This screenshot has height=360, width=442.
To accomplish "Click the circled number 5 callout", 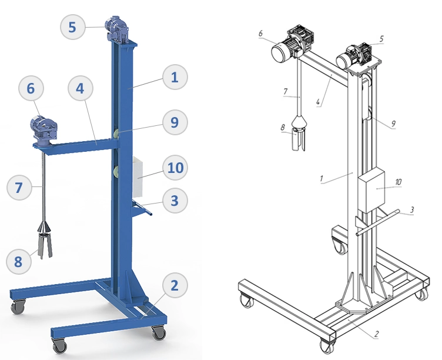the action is tap(72, 27).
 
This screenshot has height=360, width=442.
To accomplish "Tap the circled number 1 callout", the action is tap(175, 77).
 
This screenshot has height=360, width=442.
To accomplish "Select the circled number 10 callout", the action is tap(175, 168).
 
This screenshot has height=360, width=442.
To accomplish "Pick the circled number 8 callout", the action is tap(18, 261).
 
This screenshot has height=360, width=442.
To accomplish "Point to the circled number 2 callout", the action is tap(175, 285).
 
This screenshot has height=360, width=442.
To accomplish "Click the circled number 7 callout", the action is tap(19, 187).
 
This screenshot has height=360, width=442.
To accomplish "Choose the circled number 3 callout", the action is tap(175, 201).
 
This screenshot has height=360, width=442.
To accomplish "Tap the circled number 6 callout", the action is tap(31, 88).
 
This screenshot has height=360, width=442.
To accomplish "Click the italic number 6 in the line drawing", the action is tap(260, 34).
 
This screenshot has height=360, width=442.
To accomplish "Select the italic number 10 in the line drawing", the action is tap(398, 182).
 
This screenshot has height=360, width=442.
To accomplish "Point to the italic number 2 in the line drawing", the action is tap(377, 334).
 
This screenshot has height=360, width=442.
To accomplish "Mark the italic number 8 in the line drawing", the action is tap(283, 127).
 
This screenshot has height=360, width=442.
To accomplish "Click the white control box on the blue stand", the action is tap(138, 176).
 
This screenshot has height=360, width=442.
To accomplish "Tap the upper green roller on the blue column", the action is tap(116, 133).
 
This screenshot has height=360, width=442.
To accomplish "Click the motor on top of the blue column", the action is tap(117, 29).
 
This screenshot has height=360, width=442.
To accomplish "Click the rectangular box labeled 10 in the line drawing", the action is tap(371, 190).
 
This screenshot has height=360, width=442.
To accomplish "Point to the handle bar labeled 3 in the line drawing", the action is tap(378, 223).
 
